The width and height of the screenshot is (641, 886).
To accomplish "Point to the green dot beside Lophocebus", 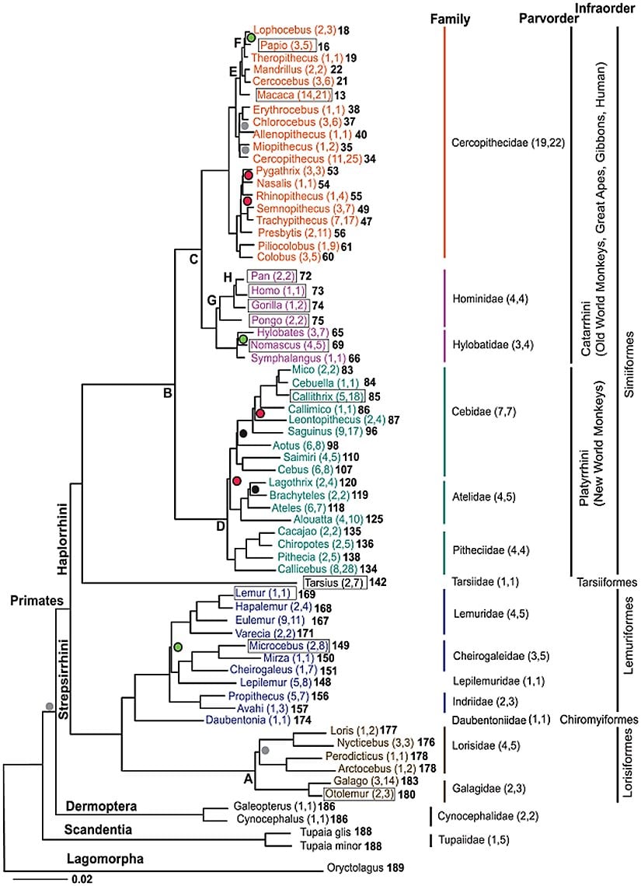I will pos(251,37).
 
